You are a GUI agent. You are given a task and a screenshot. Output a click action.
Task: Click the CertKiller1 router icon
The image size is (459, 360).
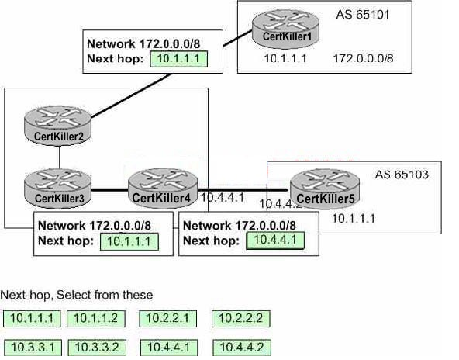coord(285,29)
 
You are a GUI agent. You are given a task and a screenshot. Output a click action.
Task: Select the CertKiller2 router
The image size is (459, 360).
coord(57,126)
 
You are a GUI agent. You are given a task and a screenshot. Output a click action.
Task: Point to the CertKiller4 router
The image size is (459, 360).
coord(163,189)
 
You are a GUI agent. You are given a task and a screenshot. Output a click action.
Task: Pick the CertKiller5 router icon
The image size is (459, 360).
coord(325,189)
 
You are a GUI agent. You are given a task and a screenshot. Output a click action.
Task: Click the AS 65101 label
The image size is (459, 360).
coord(362,15)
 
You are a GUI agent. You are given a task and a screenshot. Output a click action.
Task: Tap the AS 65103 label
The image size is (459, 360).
coord(402,175)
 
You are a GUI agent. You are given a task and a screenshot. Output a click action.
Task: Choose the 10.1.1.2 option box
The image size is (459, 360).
coord(96,319)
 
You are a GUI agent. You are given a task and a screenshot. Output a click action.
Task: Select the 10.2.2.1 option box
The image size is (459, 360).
coord(168,319)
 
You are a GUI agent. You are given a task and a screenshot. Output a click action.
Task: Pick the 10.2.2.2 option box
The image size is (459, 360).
coord(241,319)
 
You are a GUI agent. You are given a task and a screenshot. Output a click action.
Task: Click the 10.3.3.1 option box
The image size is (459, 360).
coord(33,348)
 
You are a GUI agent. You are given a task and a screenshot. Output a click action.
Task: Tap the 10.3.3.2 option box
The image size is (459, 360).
coord(97,348)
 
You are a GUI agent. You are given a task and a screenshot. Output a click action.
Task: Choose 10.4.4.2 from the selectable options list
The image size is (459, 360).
coord(242,348)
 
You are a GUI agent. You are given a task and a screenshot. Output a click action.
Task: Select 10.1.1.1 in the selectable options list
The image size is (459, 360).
coord(32,319)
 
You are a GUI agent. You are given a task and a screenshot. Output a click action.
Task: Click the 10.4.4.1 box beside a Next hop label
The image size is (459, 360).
coord(275,241)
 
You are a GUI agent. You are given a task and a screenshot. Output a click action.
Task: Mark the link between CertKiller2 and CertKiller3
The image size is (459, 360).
coord(60,157)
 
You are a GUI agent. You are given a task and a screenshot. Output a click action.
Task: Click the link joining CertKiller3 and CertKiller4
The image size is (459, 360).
coord(110,190)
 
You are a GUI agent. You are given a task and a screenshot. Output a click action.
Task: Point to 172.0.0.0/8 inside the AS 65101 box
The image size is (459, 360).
coord(363,58)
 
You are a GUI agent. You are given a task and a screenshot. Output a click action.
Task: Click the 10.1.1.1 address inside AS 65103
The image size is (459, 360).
coord(353,219)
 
